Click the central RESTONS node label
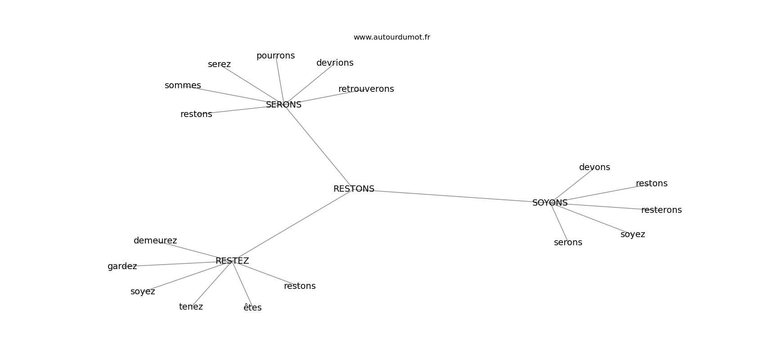pos(354,189)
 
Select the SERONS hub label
pos(283,105)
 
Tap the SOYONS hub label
pos(550,203)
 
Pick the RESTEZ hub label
pos(232,261)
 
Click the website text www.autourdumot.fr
pos(391,37)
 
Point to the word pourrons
pos(275,56)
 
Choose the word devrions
pos(335,63)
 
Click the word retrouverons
pos(366,89)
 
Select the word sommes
pos(183,85)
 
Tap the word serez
pos(219,64)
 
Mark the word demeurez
pos(155,241)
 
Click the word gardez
pos(122,266)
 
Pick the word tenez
pos(191,307)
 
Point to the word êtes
pos(252,308)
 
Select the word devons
pos(594,167)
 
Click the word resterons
pos(661,210)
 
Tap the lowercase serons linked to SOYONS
pos(568,243)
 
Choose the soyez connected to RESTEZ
pos(143,292)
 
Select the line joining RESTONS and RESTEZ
pos(292,225)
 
